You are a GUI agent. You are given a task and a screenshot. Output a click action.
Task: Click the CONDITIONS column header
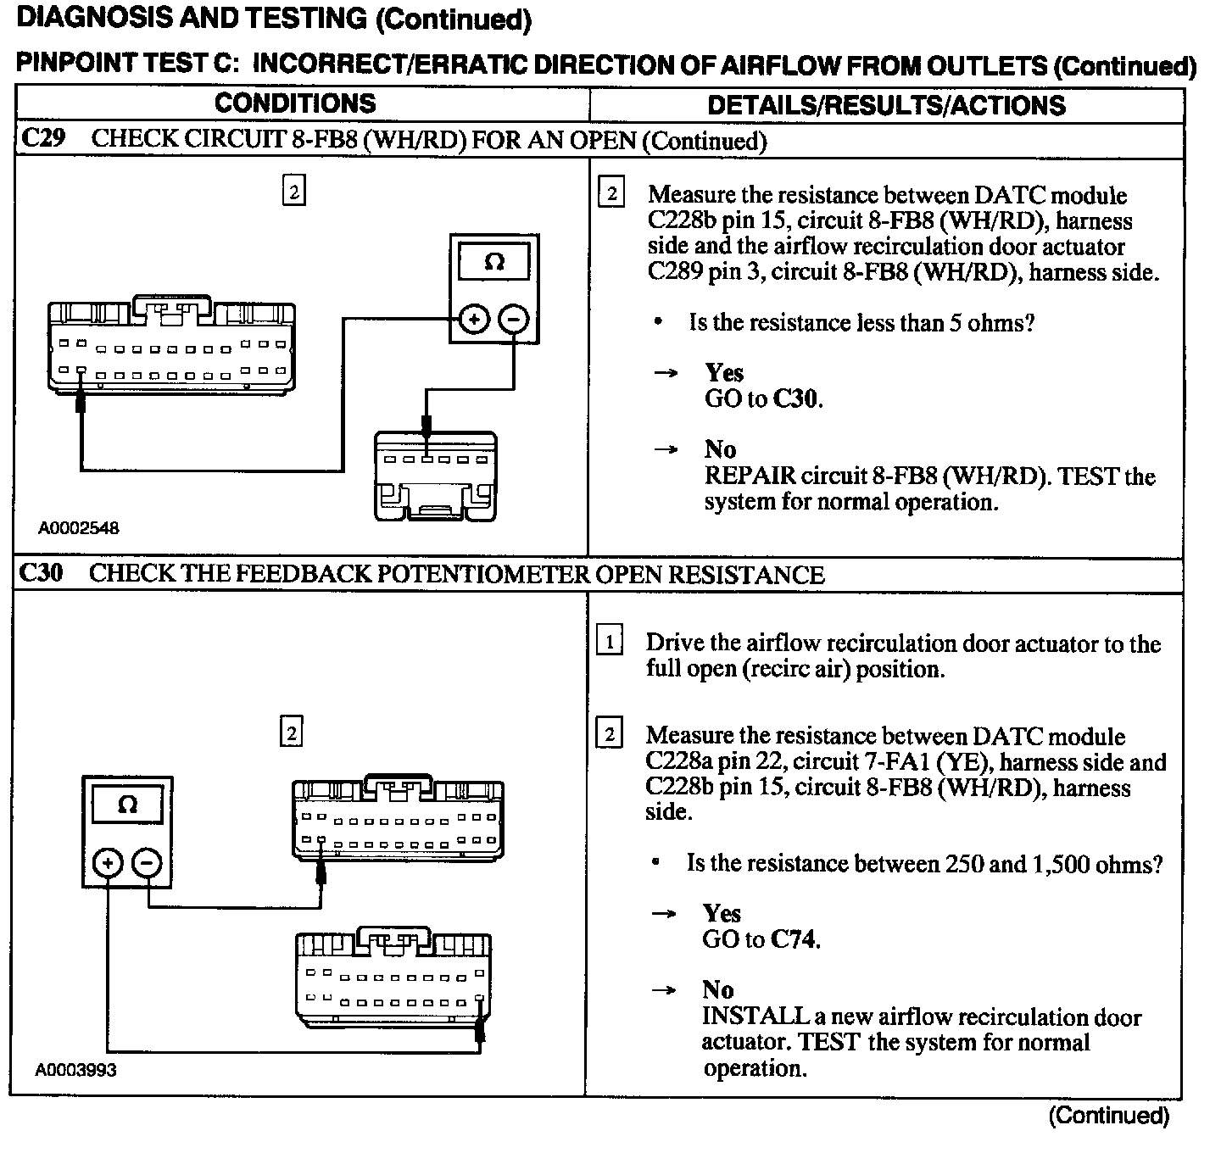tap(295, 103)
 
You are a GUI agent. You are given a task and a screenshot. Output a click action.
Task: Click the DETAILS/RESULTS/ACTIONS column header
tap(886, 105)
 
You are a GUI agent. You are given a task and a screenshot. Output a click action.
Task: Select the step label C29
tap(42, 139)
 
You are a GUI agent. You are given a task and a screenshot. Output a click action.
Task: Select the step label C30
tap(41, 573)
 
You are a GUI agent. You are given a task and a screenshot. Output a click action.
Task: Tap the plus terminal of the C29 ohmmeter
tap(474, 320)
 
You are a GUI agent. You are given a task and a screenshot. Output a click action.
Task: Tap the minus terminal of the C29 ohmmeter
tap(514, 320)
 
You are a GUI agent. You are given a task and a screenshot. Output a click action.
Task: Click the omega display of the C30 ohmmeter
tap(127, 804)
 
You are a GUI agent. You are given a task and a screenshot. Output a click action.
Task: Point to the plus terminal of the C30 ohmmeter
tap(108, 863)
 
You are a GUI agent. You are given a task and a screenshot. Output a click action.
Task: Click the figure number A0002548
tap(79, 527)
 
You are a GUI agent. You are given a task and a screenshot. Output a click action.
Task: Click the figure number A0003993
tap(76, 1069)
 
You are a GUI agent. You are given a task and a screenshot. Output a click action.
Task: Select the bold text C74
tap(794, 939)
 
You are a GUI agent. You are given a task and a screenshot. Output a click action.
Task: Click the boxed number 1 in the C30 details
tap(610, 642)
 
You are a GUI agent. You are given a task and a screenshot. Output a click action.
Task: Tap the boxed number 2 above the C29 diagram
tap(293, 192)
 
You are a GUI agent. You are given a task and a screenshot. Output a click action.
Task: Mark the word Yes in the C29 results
tap(724, 372)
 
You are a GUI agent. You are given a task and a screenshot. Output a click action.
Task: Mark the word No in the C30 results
tap(717, 989)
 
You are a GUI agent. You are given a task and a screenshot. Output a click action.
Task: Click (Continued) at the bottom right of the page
tap(1108, 1116)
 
